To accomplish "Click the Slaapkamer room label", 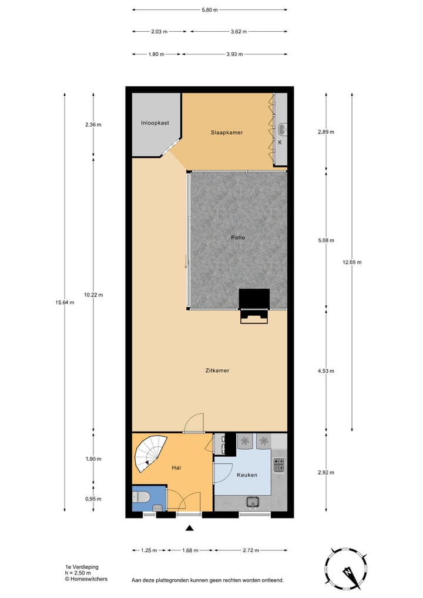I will pos(227,132).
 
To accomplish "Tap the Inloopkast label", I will pos(155,123).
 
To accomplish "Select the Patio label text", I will pos(237,238).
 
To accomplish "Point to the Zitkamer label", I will pos(217,370).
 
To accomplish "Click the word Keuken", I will pos(247,475).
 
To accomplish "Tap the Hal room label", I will pos(176,467).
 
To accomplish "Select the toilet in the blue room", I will pos(156,507).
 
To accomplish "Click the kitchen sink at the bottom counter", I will pos(253,502).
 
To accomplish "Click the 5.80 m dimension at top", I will pos(210,10).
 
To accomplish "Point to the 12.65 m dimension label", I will pos(352,262).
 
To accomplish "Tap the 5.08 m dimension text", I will pos(325,240).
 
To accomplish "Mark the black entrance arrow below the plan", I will pos(189,528).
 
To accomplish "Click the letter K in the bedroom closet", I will pos(280,142).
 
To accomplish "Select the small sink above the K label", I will pos(281,129).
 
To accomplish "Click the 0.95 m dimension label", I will pos(93,499).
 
